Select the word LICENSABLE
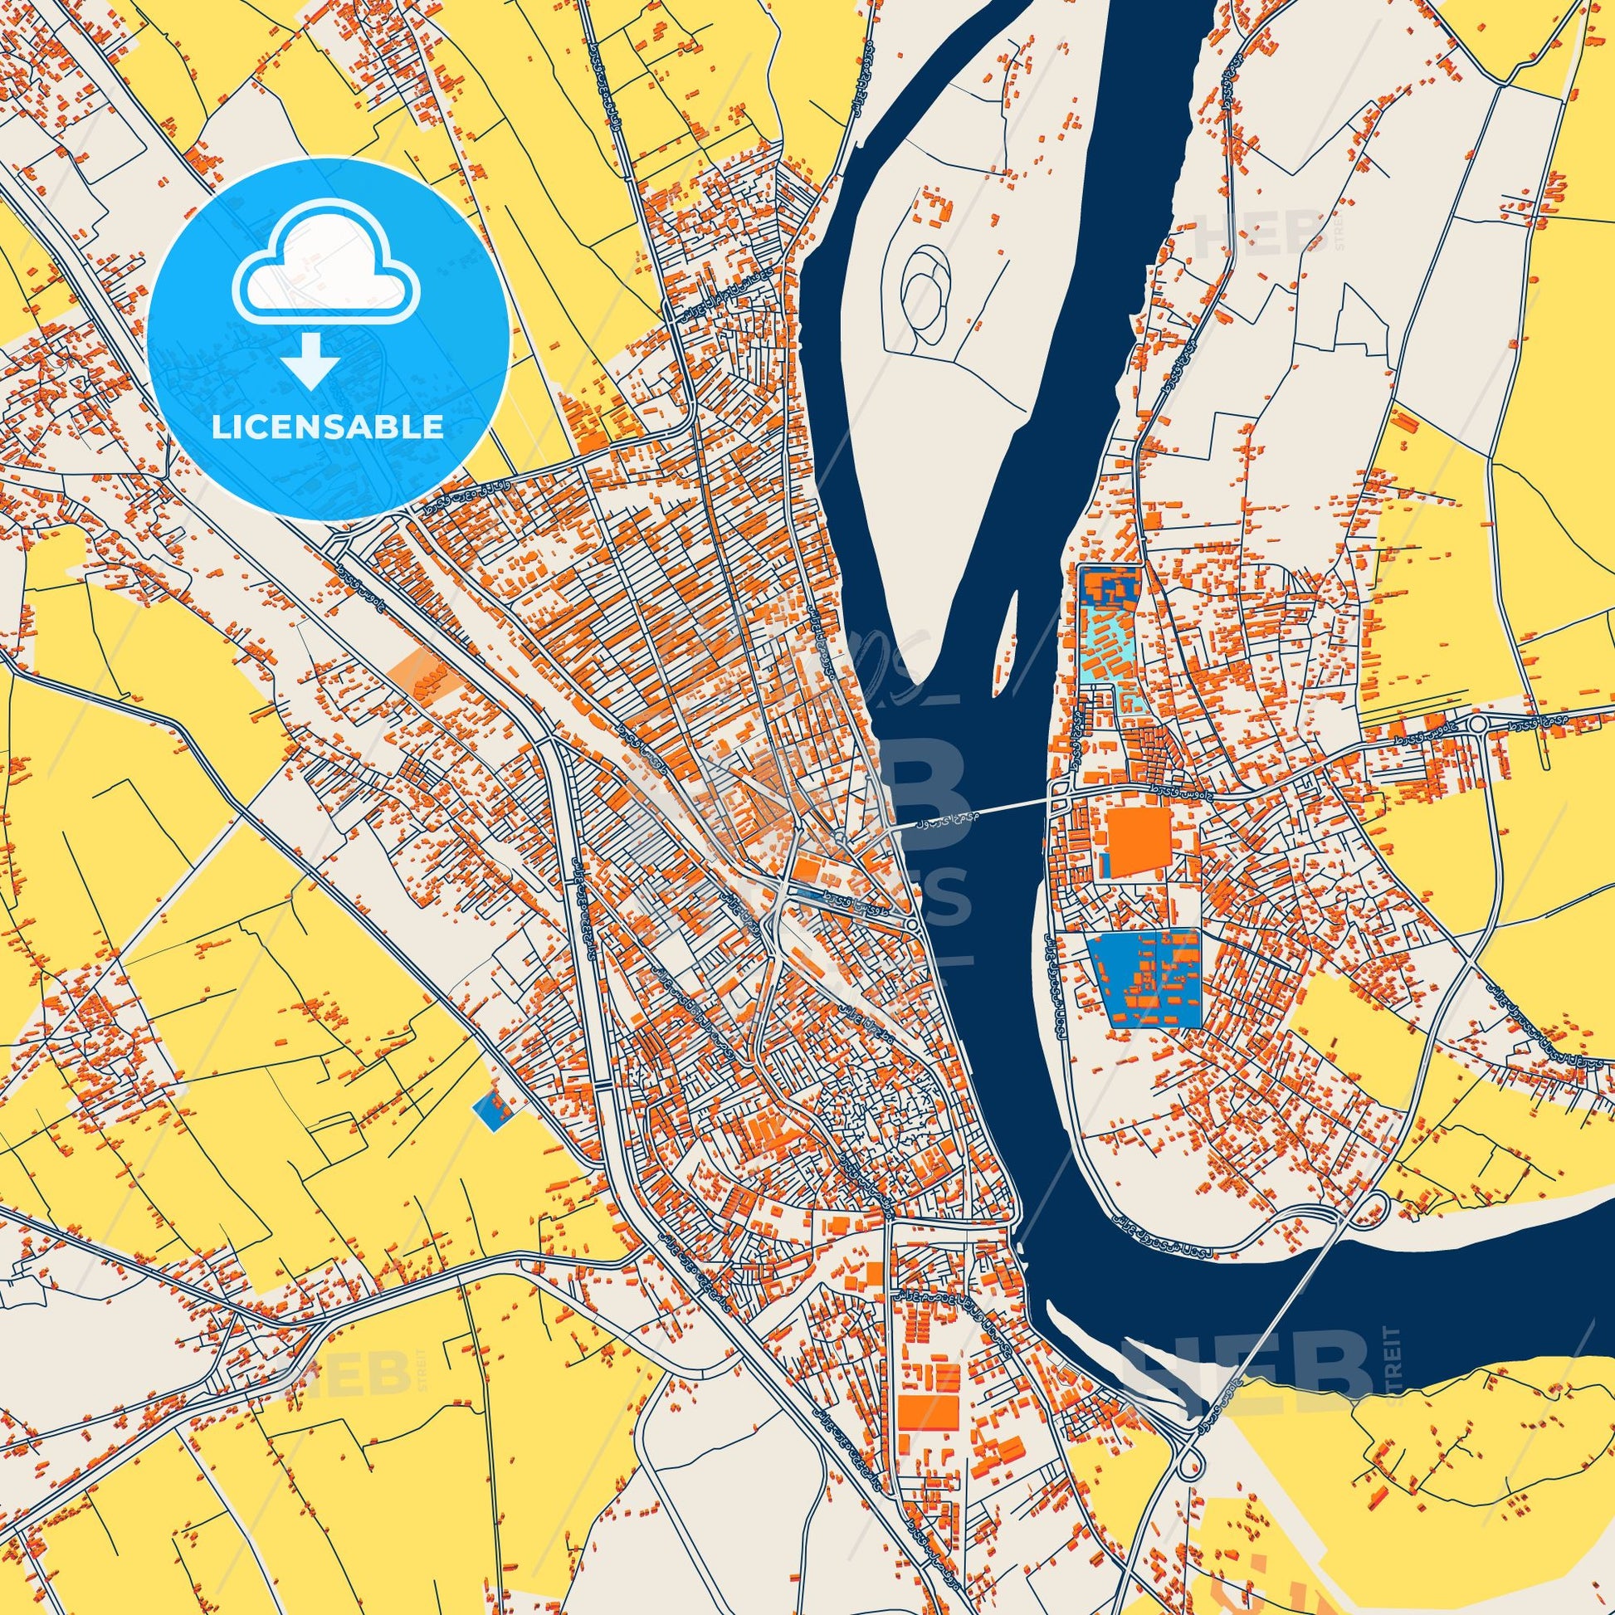click(x=328, y=427)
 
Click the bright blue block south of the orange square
click(x=1143, y=978)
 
